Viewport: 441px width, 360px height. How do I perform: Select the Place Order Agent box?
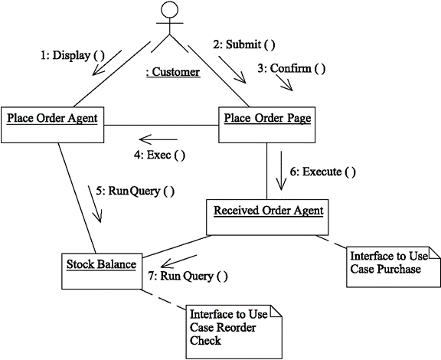[x=53, y=123]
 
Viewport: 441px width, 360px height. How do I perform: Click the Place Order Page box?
[x=266, y=123]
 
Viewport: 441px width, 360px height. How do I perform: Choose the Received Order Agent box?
[x=268, y=217]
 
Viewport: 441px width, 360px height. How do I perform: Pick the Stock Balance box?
[x=100, y=270]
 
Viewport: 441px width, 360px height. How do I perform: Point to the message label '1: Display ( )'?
[x=71, y=55]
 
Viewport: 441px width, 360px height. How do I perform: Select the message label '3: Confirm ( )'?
[x=291, y=69]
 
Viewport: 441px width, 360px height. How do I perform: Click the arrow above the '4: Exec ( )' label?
[x=158, y=139]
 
